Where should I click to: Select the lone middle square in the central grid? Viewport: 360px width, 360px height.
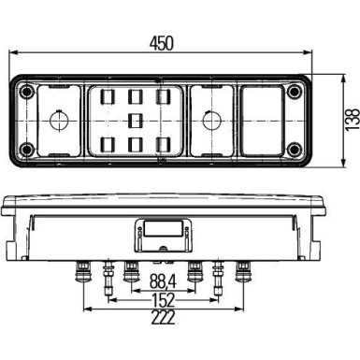point(137,120)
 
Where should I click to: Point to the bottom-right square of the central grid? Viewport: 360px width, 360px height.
point(163,143)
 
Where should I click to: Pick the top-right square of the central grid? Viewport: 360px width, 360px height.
point(163,96)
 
